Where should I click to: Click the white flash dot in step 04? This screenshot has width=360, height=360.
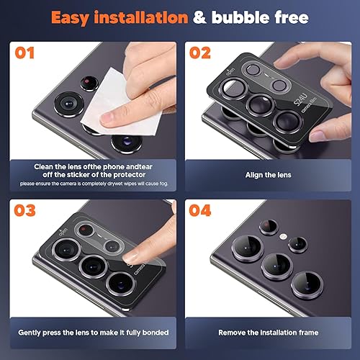(283, 237)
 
